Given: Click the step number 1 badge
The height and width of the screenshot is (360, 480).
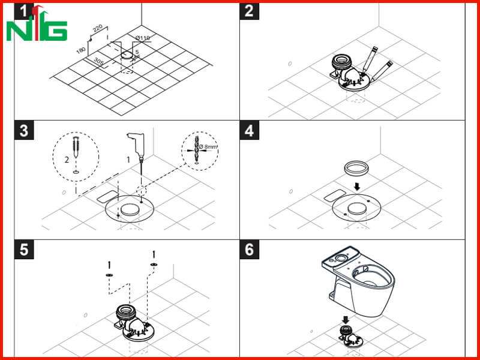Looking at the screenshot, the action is (x=24, y=11).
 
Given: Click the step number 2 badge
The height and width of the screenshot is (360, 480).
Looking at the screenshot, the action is (x=249, y=11).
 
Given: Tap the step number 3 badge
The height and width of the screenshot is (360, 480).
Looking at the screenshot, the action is (x=24, y=131).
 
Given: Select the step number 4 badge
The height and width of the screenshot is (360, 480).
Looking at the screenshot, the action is (x=249, y=131).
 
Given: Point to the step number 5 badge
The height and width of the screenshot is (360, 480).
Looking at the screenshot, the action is (x=24, y=250).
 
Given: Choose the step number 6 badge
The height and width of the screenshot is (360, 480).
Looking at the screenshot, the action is (x=249, y=250).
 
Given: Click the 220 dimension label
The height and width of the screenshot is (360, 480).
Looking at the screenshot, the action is (x=97, y=29).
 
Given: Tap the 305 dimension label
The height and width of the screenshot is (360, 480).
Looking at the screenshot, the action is (x=98, y=62).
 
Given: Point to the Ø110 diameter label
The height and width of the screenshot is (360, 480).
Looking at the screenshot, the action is (x=143, y=38).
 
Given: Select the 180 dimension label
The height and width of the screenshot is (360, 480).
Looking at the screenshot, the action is (x=81, y=50).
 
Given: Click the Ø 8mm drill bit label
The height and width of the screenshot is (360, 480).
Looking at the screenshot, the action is (x=208, y=146).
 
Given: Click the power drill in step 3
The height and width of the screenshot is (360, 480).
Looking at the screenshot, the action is (x=137, y=148).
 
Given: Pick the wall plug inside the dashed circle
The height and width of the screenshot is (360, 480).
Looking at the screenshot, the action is (x=76, y=147).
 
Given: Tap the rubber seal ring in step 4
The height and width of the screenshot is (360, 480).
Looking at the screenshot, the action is (x=356, y=169).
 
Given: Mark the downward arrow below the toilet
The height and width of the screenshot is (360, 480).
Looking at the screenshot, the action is (x=346, y=320).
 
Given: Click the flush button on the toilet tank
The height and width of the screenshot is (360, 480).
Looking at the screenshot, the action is (x=340, y=259).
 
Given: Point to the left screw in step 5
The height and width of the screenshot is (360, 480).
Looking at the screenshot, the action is (x=109, y=265).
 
